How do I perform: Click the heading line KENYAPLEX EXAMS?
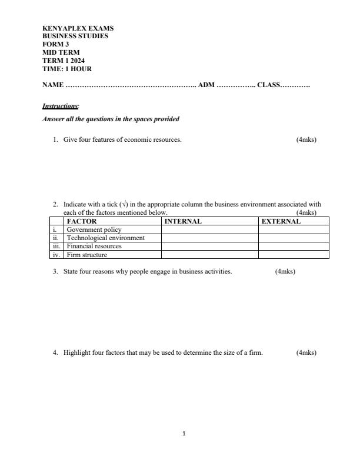[78, 28]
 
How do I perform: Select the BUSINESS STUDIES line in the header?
[75, 36]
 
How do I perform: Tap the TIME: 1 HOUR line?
[67, 69]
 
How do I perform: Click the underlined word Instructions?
[60, 106]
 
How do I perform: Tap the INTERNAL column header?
[183, 222]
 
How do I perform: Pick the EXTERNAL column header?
[281, 222]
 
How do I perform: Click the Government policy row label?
[94, 230]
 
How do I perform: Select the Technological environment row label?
[105, 238]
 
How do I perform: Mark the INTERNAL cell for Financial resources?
[209, 247]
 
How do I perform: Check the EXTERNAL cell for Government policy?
[294, 230]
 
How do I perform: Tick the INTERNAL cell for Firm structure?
[209, 255]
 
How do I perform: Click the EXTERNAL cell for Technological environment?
[294, 238]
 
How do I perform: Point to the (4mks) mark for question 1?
[306, 140]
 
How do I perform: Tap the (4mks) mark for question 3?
[285, 272]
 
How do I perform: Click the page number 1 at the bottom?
[184, 434]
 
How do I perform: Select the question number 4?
[55, 353]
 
